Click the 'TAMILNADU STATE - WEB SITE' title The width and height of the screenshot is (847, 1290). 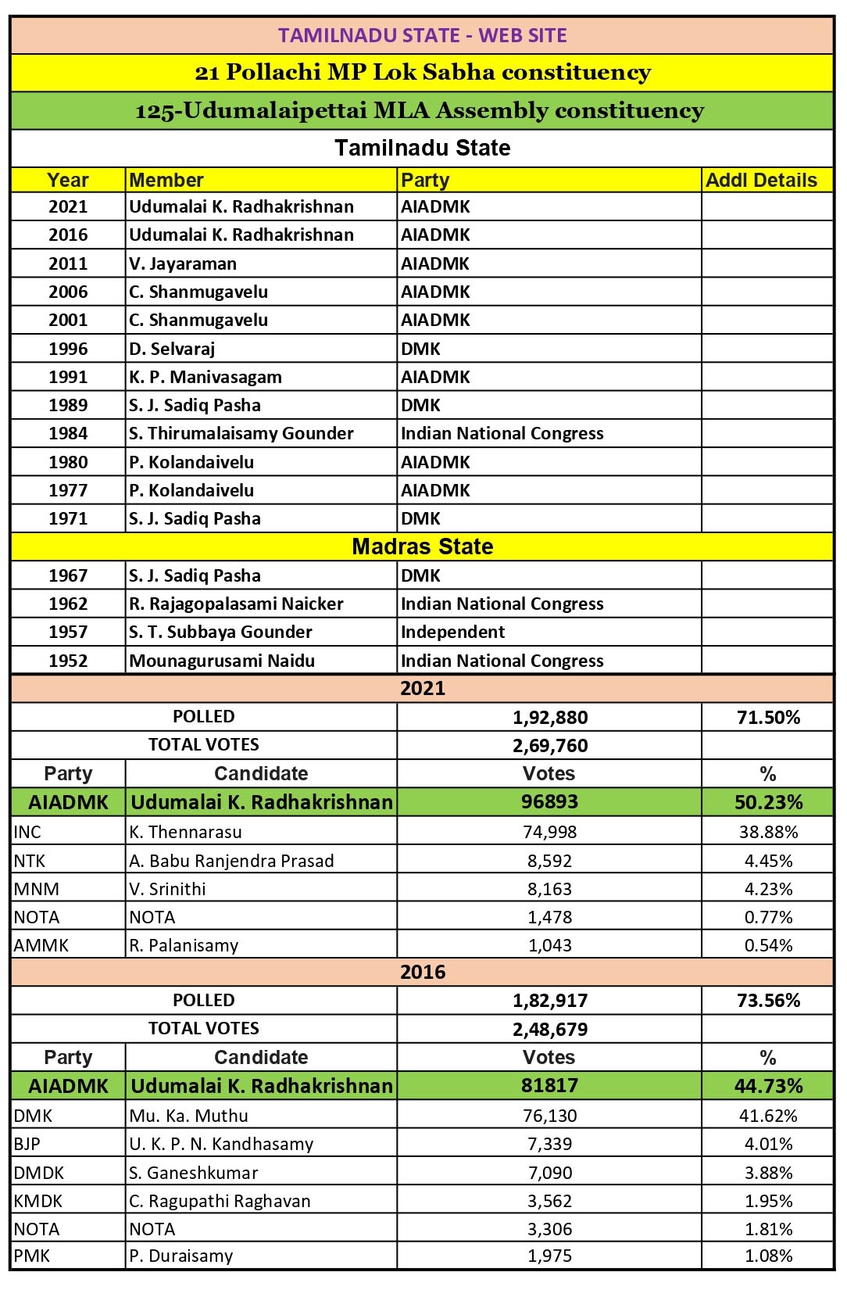[422, 35]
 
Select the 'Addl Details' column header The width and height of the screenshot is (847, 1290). [761, 180]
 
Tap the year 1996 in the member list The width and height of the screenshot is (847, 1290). [68, 349]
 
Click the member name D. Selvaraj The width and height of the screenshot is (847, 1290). [172, 349]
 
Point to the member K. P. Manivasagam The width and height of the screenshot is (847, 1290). [205, 377]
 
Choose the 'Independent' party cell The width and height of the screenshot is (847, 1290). [452, 632]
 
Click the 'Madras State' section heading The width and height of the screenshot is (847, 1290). [422, 546]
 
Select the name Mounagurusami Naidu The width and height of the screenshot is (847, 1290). [222, 661]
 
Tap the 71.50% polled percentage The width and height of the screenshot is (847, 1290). [768, 717]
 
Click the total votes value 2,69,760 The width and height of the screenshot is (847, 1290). [550, 745]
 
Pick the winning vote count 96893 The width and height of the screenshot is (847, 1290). [549, 802]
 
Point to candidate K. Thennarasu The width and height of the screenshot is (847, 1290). [185, 832]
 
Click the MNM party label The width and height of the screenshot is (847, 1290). [36, 889]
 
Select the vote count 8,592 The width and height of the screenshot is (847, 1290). [549, 861]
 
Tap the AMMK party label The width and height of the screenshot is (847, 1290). [41, 945]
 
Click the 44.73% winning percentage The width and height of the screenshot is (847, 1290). [768, 1086]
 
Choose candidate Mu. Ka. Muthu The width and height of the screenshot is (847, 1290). [188, 1116]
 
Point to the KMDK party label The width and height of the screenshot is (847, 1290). [38, 1201]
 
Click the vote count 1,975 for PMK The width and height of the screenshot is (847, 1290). [549, 1256]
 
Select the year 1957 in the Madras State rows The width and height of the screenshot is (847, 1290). [68, 632]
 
